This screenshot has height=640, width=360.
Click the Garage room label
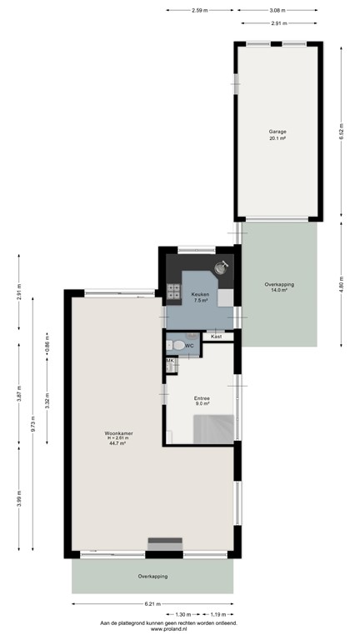pos(277,132)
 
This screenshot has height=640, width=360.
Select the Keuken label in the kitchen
pos(200,295)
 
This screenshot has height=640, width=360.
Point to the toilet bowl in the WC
pos(177,345)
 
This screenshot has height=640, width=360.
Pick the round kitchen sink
pos(222,267)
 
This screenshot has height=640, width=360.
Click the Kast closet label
pos(217,336)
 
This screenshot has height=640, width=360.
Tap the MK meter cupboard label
pos(169,361)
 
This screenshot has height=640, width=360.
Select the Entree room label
pos(202,398)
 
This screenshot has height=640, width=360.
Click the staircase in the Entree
pos(213,429)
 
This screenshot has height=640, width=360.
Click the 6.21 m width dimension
pos(151,604)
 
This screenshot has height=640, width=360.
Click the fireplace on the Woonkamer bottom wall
pos(166,545)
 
